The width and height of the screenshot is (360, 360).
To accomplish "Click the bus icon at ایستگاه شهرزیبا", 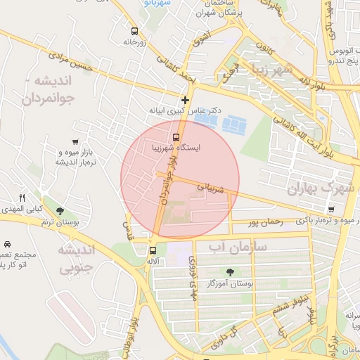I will (x=176, y=137).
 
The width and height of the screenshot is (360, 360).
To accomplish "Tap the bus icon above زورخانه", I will (x=134, y=31).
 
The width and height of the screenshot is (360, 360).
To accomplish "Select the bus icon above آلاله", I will (x=153, y=250).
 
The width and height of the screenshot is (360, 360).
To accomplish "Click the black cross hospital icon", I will (x=185, y=101).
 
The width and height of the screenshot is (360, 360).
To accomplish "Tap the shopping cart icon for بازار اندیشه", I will (x=75, y=142).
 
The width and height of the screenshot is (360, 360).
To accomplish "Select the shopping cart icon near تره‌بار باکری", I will (x=330, y=209).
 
